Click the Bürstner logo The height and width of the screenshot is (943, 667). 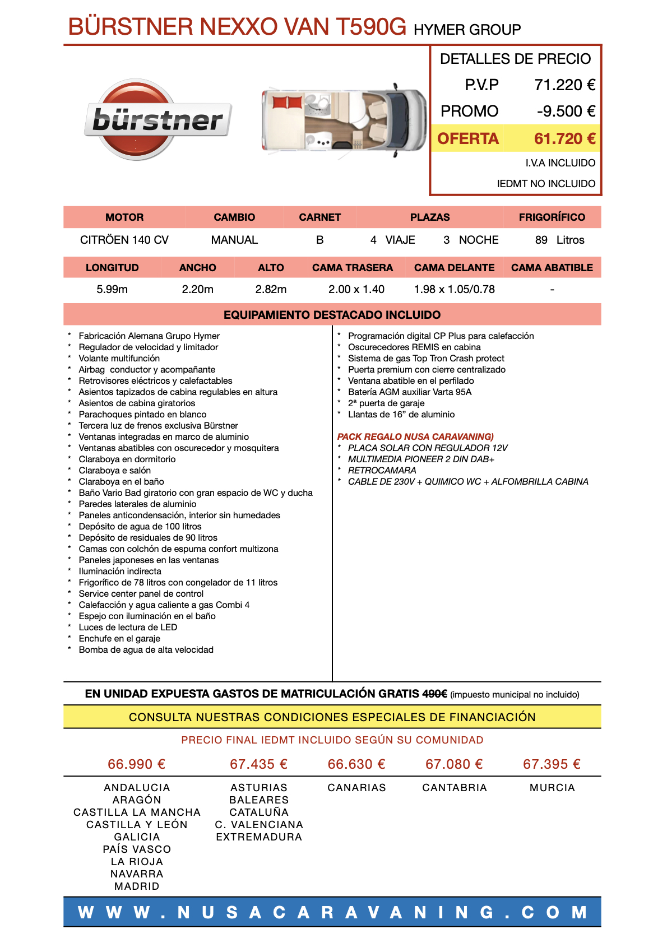158,120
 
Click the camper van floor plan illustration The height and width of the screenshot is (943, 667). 344,119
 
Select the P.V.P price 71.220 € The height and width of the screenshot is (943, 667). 564,85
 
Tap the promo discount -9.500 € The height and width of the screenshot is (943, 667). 566,112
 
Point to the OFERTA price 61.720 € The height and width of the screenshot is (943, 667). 564,138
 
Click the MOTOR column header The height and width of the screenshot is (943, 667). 124,217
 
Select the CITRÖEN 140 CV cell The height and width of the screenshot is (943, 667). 124,240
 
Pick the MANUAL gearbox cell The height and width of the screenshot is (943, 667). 234,240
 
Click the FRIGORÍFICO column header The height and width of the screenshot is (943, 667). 552,217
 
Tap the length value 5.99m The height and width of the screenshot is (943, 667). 112,290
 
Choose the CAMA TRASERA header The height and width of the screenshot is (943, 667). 353,268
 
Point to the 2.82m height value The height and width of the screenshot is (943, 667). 271,290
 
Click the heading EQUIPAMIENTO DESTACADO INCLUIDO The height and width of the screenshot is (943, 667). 332,315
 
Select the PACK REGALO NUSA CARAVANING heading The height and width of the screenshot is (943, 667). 415,436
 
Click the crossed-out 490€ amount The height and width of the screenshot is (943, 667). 434,694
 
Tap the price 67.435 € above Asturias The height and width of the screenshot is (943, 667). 258,764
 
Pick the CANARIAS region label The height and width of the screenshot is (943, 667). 356,788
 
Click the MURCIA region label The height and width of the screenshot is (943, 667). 552,788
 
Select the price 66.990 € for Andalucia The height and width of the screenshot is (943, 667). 137,764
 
